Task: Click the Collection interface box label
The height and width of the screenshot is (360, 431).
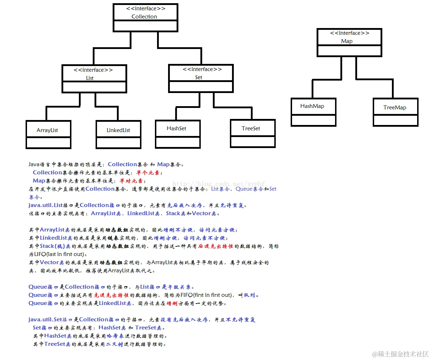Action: [144, 16]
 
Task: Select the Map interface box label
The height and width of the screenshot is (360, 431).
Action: [347, 41]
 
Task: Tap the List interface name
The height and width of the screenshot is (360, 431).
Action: [90, 78]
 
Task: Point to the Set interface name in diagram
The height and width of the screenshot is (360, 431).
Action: [199, 77]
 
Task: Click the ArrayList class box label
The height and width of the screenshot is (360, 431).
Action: [47, 130]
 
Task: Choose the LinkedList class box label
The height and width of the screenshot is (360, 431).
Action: [118, 130]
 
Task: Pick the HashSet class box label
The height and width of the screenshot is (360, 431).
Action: [176, 128]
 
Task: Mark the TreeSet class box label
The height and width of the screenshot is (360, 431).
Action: [251, 128]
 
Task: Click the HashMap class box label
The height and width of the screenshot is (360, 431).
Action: [312, 106]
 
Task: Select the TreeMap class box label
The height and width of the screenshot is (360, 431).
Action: [395, 107]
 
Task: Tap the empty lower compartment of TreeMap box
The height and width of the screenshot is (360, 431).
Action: [395, 120]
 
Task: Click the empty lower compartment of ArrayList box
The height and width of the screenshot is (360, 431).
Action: [48, 143]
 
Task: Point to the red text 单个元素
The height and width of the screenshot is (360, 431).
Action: [148, 173]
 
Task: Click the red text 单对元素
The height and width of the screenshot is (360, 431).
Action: [131, 181]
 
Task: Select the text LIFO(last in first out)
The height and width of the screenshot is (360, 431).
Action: [59, 254]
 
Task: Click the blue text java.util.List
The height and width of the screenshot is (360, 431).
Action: [45, 205]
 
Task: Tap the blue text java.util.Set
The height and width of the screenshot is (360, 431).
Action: [45, 320]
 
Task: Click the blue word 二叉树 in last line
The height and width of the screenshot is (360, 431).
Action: [114, 344]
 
